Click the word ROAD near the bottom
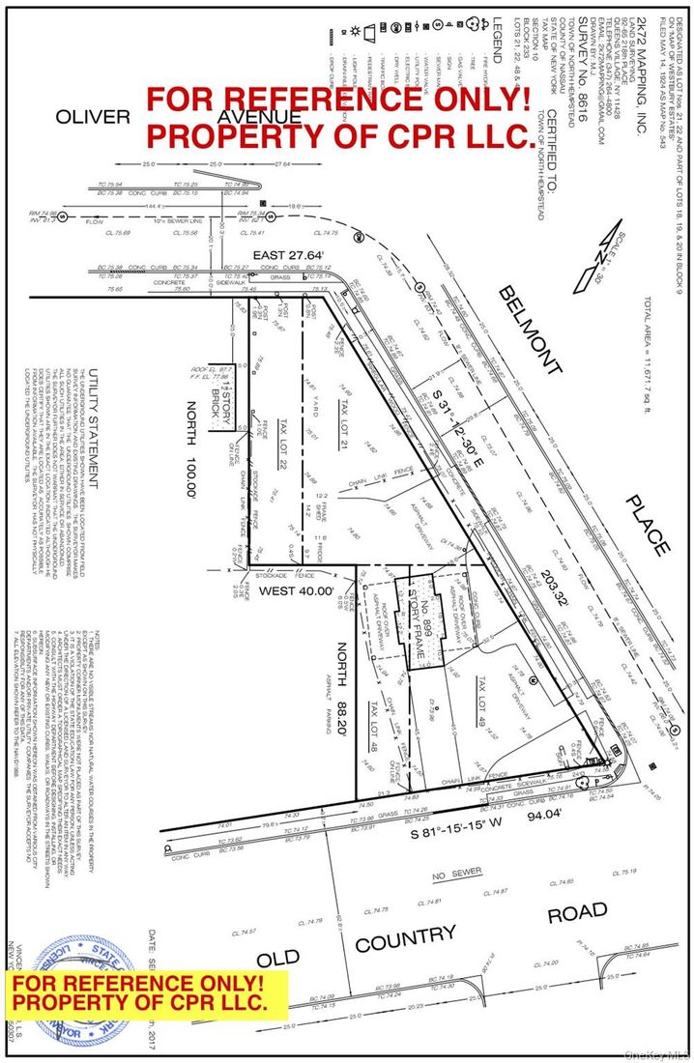(x=578, y=912)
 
